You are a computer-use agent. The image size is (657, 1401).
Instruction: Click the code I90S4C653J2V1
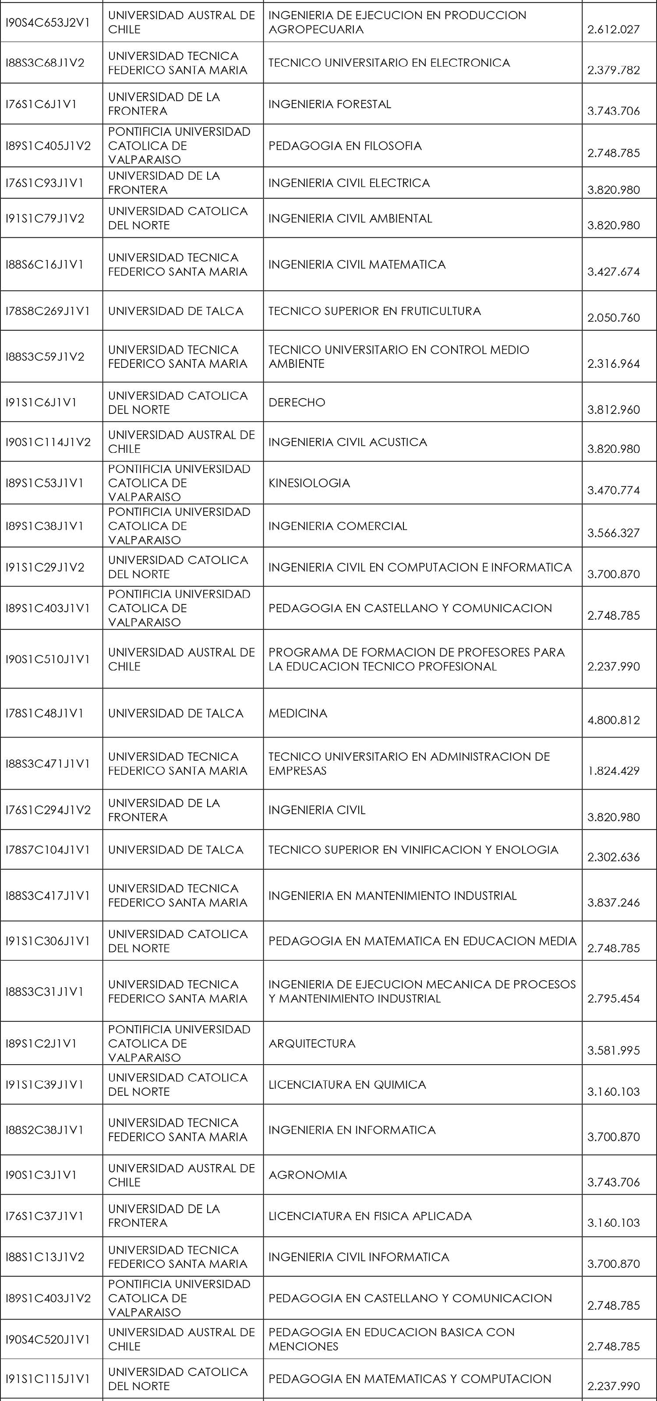(47, 22)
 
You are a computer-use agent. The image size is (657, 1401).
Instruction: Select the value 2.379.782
(614, 70)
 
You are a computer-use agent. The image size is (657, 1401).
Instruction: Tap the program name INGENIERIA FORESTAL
(329, 104)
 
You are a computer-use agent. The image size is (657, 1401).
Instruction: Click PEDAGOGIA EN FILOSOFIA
(345, 146)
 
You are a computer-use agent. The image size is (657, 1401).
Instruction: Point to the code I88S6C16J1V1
(45, 265)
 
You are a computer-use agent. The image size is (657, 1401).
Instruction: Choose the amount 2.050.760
(614, 318)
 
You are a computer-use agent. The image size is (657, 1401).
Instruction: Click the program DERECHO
(297, 402)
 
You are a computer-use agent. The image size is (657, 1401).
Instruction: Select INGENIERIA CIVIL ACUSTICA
(347, 441)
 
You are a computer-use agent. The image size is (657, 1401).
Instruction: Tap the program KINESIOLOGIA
(309, 483)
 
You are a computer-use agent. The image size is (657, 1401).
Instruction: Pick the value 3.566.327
(614, 533)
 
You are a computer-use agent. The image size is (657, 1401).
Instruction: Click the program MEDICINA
(297, 713)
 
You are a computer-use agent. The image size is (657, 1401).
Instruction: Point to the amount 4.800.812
(614, 720)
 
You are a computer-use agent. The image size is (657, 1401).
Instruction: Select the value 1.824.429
(614, 771)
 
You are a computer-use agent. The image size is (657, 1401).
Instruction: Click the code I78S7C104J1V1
(47, 850)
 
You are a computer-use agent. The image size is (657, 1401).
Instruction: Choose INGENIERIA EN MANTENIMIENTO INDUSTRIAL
(392, 895)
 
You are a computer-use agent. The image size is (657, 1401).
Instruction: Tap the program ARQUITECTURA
(312, 1043)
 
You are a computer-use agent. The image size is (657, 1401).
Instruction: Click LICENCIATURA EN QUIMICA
(347, 1084)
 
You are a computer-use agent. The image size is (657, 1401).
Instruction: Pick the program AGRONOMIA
(307, 1175)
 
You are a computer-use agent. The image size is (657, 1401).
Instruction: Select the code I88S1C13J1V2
(45, 1257)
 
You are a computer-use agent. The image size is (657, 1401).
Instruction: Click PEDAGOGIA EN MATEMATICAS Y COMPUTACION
(410, 1379)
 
